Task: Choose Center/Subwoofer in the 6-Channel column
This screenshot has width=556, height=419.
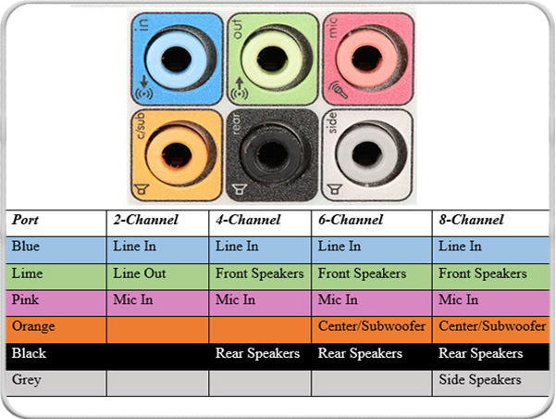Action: [370, 326]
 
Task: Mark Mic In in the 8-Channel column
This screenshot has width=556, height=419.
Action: [459, 299]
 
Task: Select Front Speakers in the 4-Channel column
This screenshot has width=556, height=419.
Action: [259, 273]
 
